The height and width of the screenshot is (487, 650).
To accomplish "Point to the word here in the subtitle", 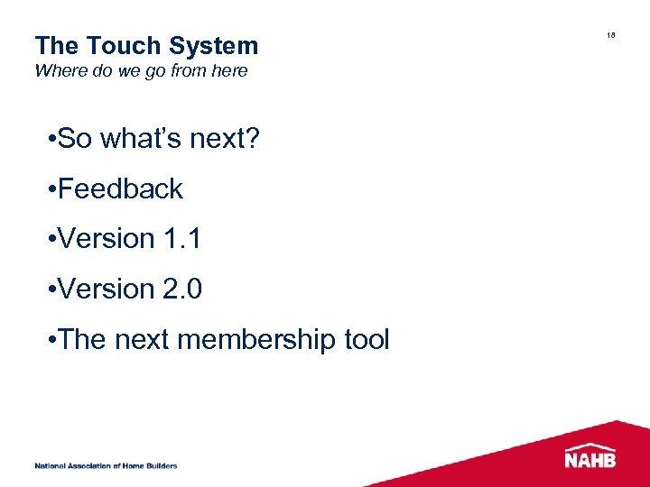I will (229, 70).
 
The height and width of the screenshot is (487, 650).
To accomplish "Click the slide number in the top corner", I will (611, 35).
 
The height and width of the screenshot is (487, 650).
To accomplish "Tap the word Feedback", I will (121, 189).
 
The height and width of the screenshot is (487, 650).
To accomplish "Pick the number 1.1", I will (183, 239).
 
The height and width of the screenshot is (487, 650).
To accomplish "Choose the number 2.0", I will (183, 289).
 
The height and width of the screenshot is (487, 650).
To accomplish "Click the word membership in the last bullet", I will (255, 340).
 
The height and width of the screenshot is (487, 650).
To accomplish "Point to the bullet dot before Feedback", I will (55, 190).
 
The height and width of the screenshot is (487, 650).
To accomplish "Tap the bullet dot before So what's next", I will (55, 140).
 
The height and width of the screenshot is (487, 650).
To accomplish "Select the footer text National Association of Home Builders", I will (106, 466).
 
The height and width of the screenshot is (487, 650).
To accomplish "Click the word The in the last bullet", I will (86, 340).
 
